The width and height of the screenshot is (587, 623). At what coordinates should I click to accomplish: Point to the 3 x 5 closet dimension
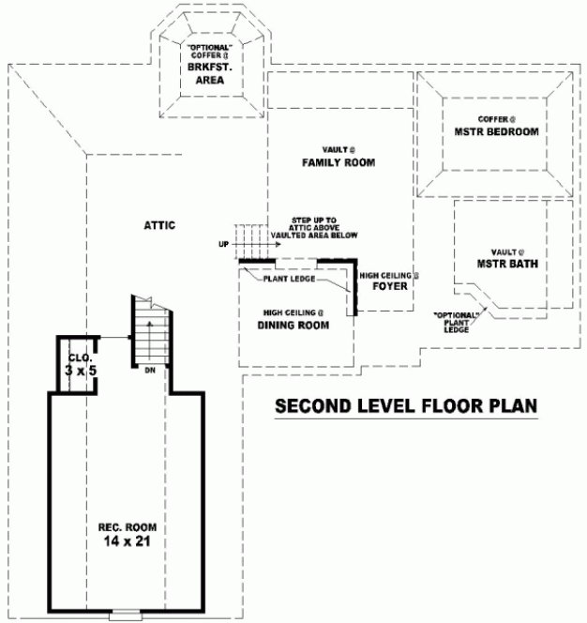(x=80, y=371)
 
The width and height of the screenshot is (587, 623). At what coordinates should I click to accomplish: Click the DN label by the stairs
(x=150, y=372)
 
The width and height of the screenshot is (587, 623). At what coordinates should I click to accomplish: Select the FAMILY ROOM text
(x=339, y=162)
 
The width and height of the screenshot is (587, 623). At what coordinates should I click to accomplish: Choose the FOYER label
(x=389, y=286)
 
